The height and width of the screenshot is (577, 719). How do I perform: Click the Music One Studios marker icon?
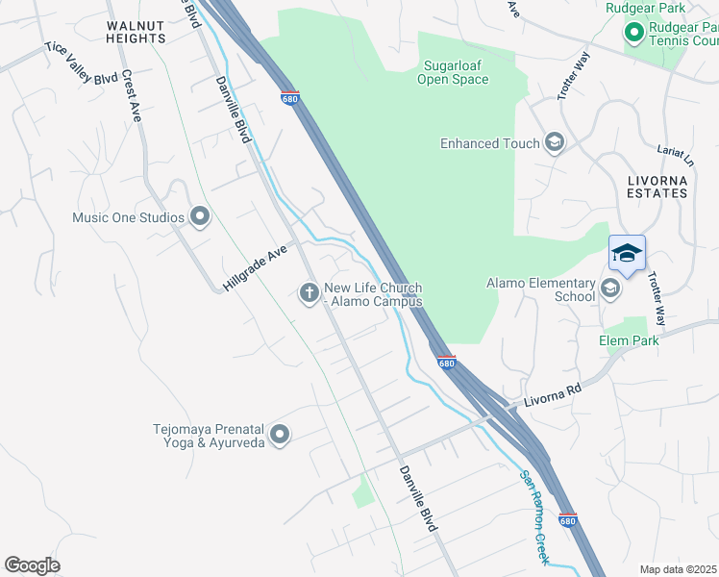200,217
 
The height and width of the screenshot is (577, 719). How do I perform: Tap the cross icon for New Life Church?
310,292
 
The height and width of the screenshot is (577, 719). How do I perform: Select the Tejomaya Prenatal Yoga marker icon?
280,436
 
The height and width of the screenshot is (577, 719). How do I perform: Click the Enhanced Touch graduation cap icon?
554,143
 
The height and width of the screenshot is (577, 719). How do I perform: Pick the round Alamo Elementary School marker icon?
610,288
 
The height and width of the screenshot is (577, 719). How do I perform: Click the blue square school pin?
627,254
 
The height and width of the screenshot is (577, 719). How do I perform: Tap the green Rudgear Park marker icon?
633,34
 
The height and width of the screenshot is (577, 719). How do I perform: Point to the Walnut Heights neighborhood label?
136,31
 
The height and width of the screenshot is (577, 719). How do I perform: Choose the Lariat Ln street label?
676,154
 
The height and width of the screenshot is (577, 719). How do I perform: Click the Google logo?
32,564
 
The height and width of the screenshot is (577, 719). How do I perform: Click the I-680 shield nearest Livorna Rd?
445,363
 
